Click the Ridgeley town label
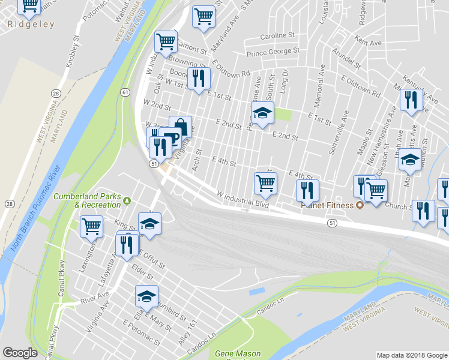(31, 25)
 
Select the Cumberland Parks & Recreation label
(87, 200)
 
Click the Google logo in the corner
(20, 353)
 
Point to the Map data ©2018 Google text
(412, 355)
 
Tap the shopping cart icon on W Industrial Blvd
(265, 182)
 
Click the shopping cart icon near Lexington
(91, 227)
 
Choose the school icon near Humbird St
(146, 296)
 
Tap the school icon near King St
(149, 224)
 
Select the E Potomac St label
(142, 334)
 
